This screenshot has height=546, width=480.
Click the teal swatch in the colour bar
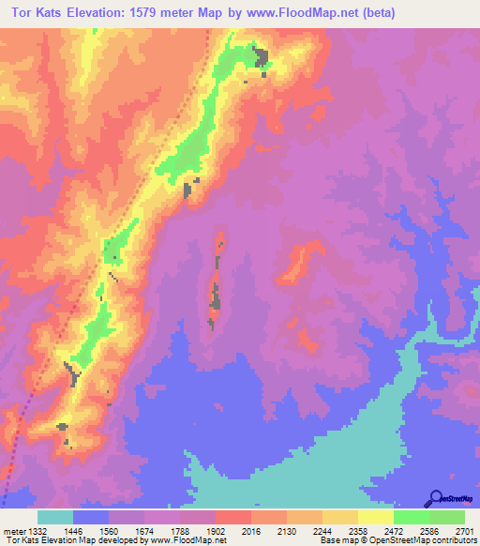tap(55, 518)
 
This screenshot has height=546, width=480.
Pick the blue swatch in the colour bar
tap(91, 518)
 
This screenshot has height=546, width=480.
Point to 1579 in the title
tap(172, 13)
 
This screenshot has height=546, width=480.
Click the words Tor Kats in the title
tap(37, 13)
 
